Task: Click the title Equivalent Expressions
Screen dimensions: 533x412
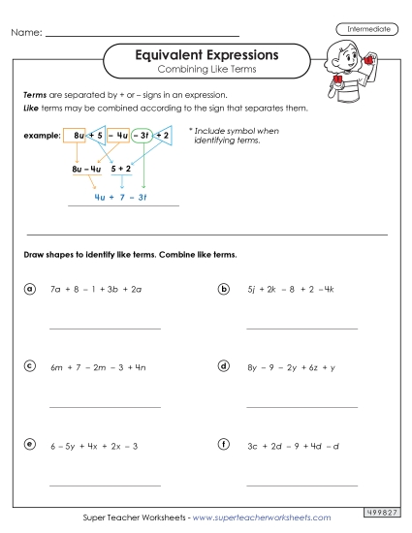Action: coord(206,55)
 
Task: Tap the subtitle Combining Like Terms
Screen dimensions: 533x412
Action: coord(206,73)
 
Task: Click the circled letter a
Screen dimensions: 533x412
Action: coord(30,289)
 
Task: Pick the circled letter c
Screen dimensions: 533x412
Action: coord(30,366)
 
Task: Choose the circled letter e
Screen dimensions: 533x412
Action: coord(30,445)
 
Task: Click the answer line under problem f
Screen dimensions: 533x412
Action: coord(301,485)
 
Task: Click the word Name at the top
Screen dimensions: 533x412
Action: coord(26,33)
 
